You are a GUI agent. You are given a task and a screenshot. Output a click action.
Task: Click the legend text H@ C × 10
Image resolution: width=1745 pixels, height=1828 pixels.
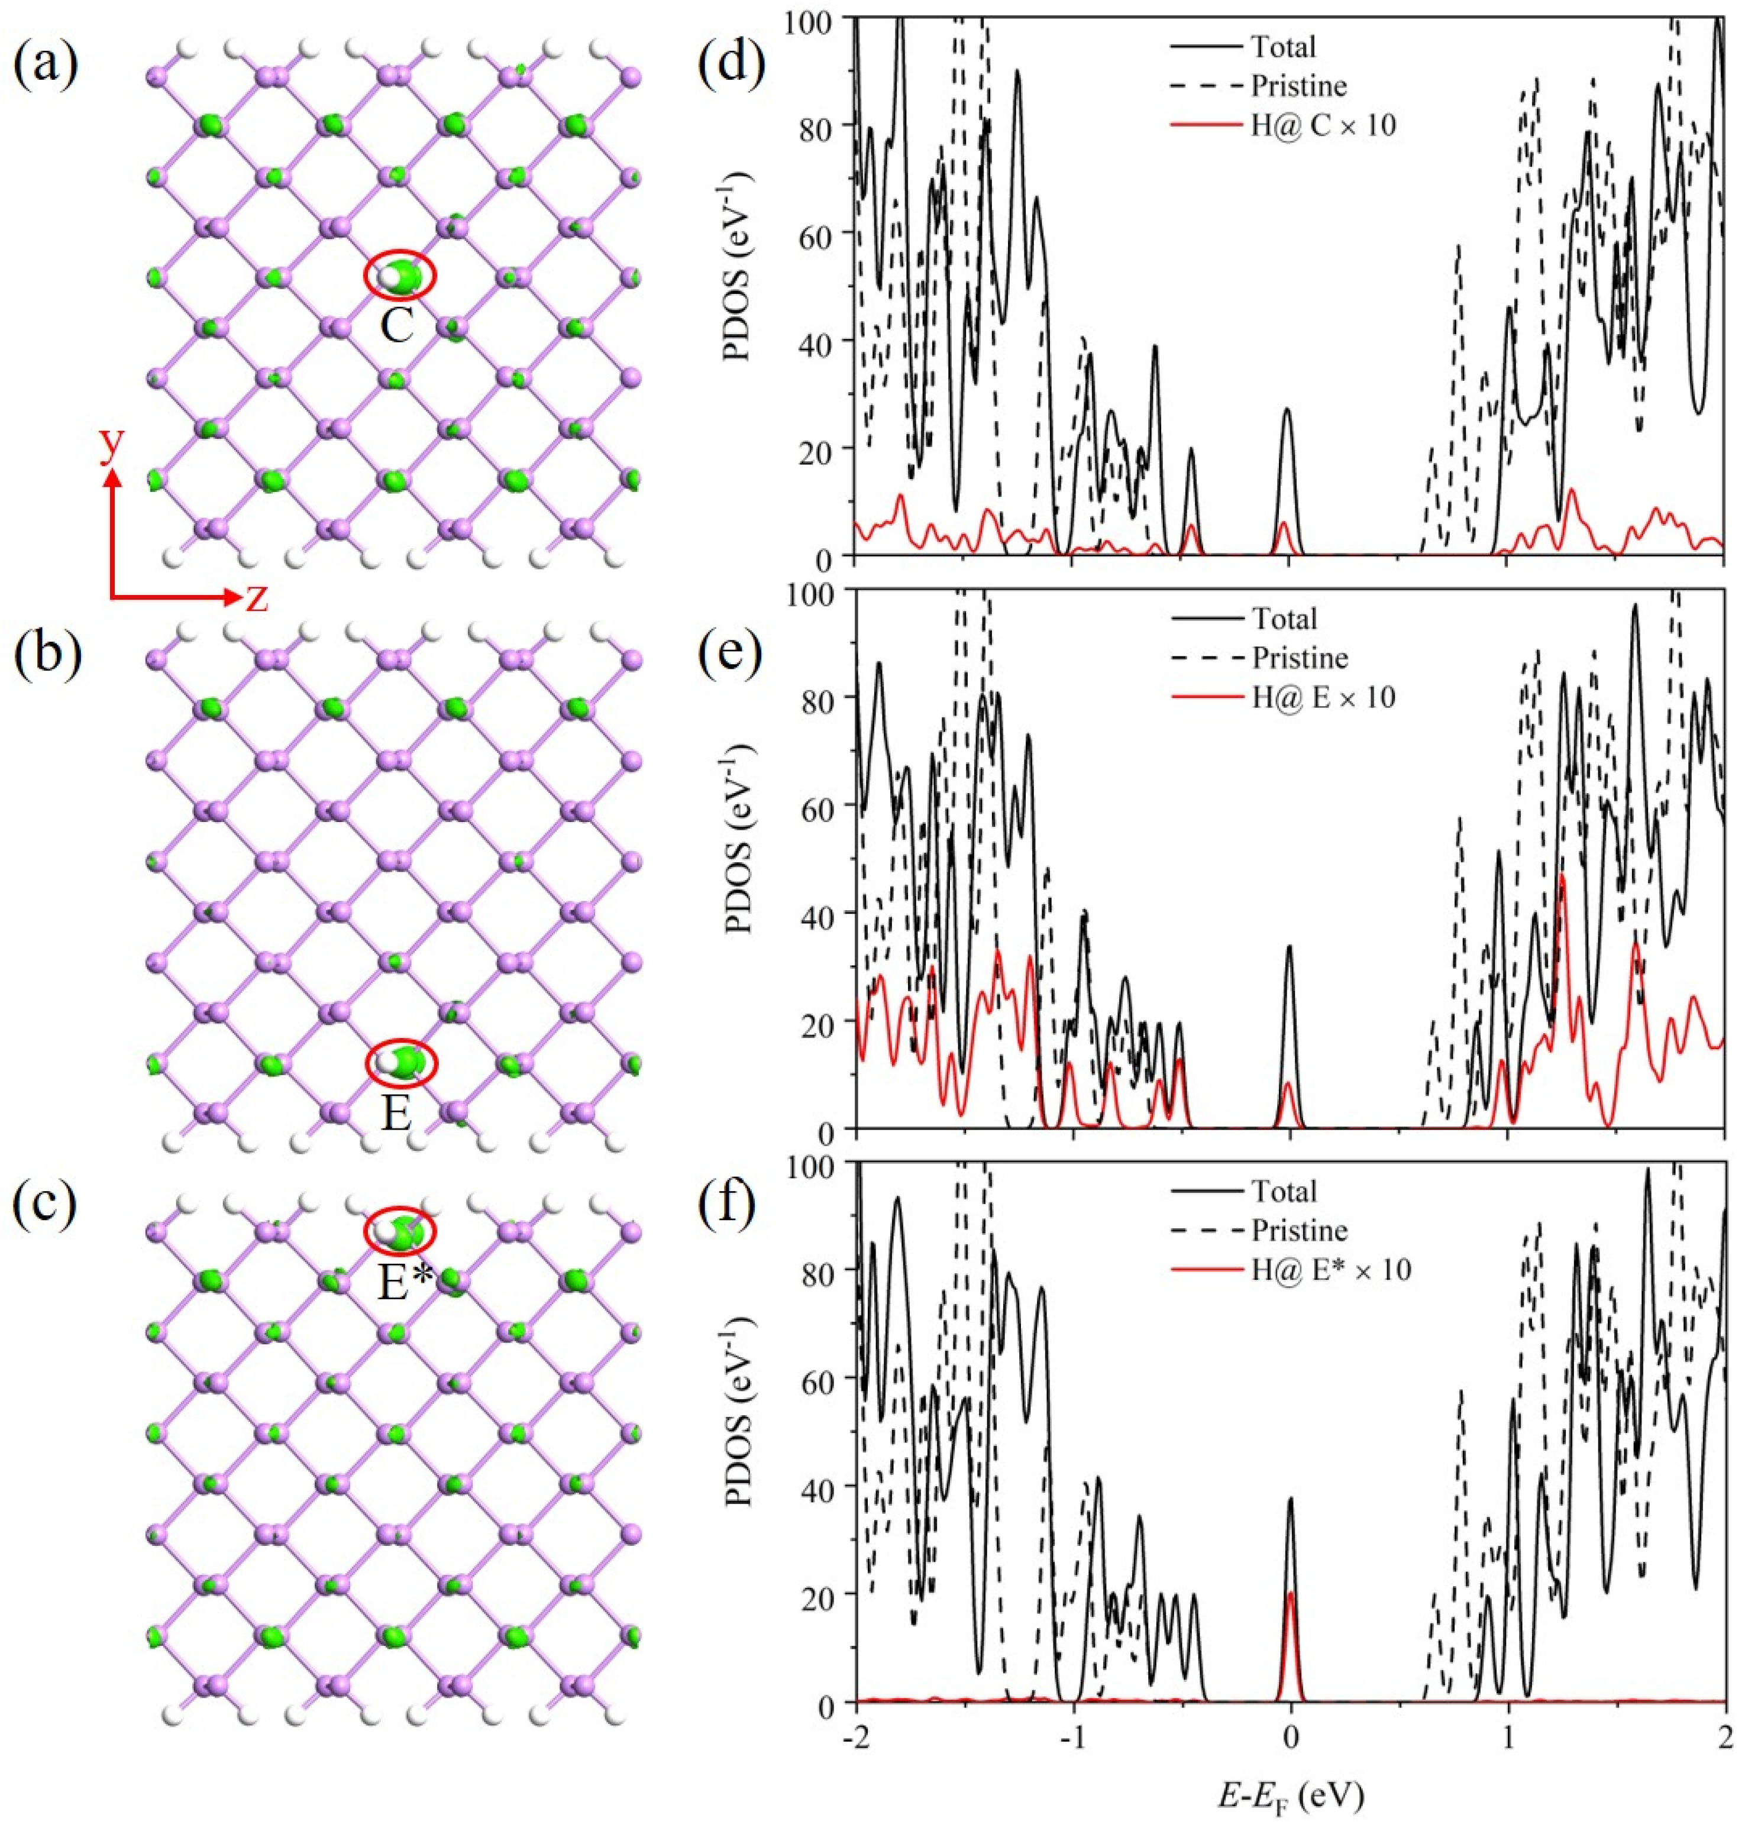point(1323,125)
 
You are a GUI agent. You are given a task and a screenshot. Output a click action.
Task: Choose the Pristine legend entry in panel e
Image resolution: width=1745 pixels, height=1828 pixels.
point(1298,658)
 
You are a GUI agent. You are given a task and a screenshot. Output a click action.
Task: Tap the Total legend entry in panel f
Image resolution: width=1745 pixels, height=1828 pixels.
point(1284,1191)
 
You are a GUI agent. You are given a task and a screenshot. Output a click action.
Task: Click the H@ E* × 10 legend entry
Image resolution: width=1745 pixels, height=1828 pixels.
point(1330,1270)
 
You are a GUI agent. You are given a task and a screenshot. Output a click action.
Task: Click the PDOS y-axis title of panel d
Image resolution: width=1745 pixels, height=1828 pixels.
point(738,288)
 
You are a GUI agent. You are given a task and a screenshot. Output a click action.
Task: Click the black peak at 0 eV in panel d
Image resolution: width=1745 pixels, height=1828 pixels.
point(1288,409)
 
